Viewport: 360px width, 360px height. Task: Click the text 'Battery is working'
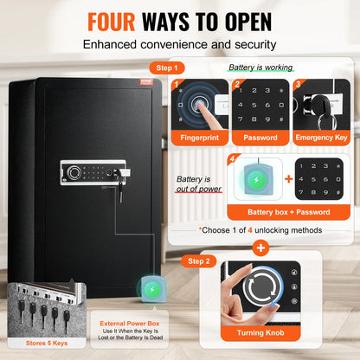pos(260,67)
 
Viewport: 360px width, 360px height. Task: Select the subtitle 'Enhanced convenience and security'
pos(179,42)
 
